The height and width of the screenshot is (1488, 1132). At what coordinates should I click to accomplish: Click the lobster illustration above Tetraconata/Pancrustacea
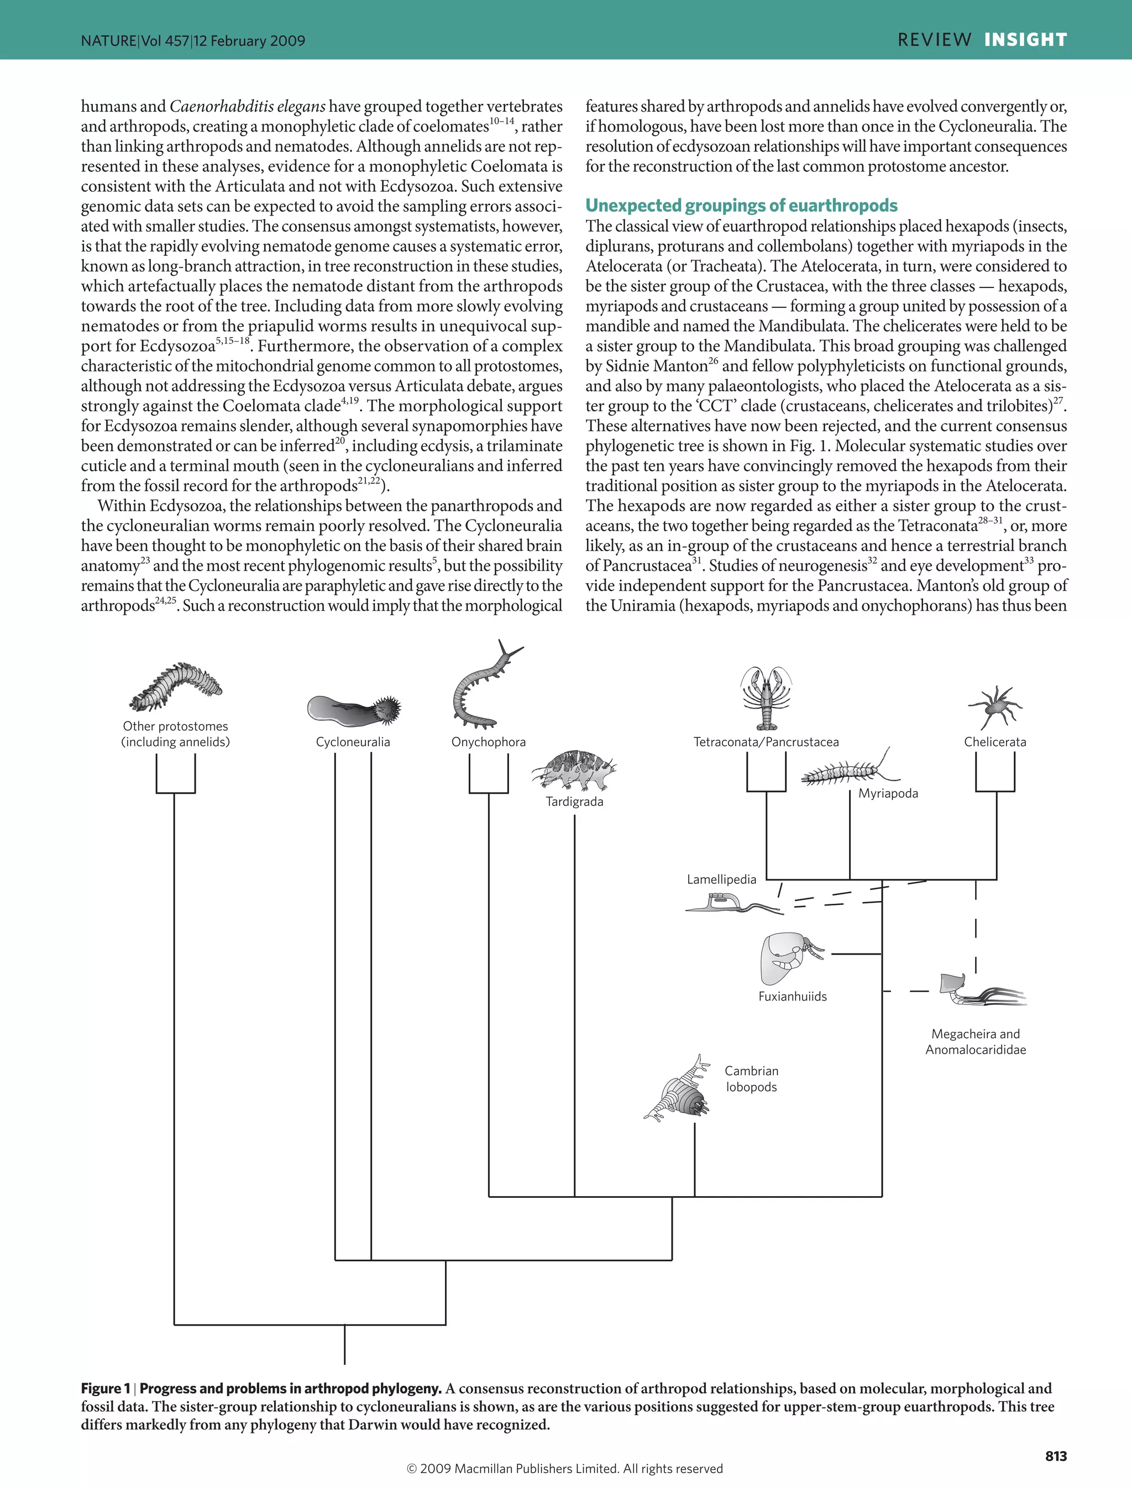(766, 698)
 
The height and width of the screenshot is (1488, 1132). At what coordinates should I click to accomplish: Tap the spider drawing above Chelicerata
(995, 707)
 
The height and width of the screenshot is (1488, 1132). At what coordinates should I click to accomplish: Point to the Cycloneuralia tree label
(353, 742)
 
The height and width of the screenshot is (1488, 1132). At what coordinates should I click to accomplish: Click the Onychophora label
(489, 742)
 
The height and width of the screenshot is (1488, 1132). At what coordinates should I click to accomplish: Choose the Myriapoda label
(888, 793)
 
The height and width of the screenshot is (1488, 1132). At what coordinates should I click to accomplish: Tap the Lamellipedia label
(722, 879)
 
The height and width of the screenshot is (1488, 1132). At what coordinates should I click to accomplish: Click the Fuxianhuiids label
(793, 997)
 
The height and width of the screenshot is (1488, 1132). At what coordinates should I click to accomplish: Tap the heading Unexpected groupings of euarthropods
(741, 206)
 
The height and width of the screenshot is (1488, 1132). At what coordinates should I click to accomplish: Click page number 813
(1056, 1456)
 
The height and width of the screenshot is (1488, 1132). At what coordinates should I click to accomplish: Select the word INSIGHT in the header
(1025, 40)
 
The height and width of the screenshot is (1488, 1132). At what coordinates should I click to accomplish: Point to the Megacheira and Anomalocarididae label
(976, 1042)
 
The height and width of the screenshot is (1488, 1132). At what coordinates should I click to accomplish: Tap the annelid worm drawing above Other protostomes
(176, 688)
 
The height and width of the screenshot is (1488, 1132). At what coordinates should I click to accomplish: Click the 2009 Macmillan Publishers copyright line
(565, 1469)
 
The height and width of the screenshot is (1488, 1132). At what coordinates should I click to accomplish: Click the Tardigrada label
(574, 802)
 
